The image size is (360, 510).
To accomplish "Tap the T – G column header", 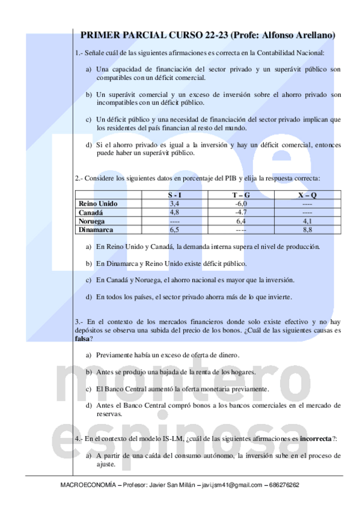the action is [x=240, y=195].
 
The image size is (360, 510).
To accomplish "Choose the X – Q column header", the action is [x=307, y=195].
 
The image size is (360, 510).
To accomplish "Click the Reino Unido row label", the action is [x=98, y=204].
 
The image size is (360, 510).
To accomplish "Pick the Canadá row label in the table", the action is [x=91, y=212].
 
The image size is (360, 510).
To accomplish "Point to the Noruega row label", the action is [x=93, y=221].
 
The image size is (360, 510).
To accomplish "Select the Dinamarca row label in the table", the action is [x=97, y=229].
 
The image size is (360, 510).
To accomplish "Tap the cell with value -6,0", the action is [x=240, y=204].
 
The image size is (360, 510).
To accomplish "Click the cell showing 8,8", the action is [x=307, y=229].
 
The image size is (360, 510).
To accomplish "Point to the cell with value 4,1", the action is [x=307, y=221].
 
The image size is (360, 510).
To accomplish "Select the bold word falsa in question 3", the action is [x=83, y=339].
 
